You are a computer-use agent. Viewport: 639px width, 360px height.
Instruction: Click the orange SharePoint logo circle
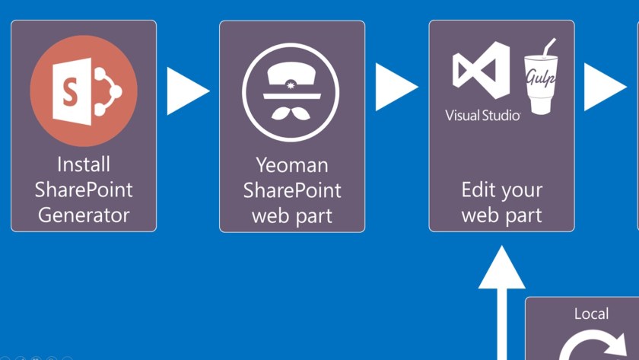84,91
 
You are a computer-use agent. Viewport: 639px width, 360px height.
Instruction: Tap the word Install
84,164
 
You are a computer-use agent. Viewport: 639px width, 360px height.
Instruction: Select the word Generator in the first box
84,215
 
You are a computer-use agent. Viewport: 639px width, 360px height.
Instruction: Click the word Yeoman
292,164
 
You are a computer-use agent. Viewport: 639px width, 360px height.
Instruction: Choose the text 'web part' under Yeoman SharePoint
292,215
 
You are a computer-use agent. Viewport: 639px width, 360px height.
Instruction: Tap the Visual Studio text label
483,116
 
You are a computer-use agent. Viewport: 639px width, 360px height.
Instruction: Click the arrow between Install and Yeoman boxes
186,91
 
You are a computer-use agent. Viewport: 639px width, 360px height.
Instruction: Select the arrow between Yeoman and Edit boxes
396,87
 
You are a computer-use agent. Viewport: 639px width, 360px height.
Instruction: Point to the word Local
591,314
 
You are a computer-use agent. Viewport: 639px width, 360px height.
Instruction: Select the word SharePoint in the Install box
84,190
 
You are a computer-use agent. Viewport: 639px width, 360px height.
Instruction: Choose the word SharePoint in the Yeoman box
292,190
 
